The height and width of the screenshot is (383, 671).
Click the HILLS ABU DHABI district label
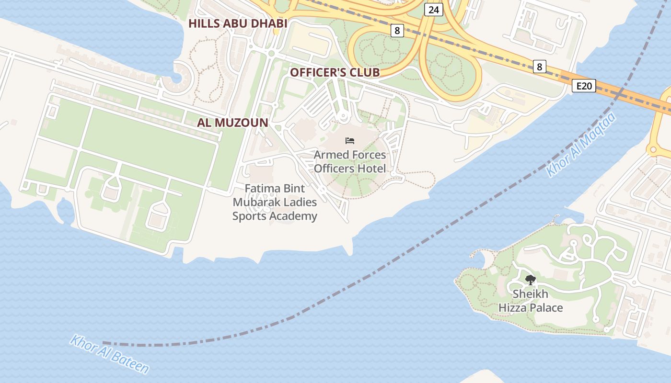pos(238,23)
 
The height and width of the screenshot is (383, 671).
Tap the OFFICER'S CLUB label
pos(335,72)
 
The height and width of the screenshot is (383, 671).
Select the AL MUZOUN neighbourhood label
pos(232,122)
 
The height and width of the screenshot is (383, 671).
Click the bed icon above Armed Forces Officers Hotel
pos(350,140)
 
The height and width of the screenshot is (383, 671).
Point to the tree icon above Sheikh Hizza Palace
pos(530,280)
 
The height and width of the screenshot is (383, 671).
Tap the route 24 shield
pos(433,9)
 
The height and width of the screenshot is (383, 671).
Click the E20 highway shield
pos(584,86)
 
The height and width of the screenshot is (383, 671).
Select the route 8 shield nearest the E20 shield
pos(539,67)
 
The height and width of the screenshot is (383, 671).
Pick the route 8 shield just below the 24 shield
pos(397,31)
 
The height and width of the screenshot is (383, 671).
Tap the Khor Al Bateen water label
pos(109,354)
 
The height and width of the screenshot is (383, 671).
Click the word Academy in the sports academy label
pos(294,216)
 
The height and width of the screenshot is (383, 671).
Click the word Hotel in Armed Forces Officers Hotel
pos(370,169)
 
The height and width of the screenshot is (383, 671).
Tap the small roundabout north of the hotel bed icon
pos(343,116)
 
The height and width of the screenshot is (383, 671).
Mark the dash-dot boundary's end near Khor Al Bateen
pos(104,343)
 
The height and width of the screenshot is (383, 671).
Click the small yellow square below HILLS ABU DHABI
pos(276,32)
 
